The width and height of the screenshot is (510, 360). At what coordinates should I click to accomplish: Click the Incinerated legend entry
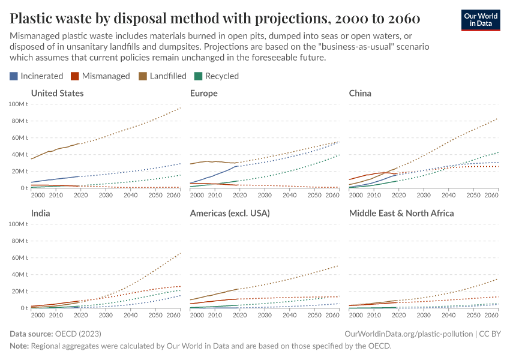[x=36, y=76]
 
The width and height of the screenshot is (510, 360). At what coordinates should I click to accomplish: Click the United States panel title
[x=57, y=93]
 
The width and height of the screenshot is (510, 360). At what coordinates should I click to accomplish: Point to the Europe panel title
[x=203, y=93]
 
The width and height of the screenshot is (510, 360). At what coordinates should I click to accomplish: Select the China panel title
[x=360, y=93]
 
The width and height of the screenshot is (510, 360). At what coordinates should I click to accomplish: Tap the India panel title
[x=40, y=213]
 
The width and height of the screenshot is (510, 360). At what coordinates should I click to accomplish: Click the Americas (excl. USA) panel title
[x=229, y=213]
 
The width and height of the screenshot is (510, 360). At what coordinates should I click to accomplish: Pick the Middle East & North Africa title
[x=401, y=213]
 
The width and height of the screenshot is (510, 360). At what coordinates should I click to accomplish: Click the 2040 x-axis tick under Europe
[x=289, y=195]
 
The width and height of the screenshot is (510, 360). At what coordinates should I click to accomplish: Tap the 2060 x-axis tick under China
[x=491, y=195]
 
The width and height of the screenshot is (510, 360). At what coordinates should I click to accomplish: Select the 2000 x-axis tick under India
[x=37, y=315]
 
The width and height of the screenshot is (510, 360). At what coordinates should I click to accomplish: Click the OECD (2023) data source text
[x=77, y=333]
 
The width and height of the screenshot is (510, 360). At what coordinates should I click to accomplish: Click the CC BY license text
[x=491, y=333]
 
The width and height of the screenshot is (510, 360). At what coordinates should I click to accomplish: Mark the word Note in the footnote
[x=19, y=346]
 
